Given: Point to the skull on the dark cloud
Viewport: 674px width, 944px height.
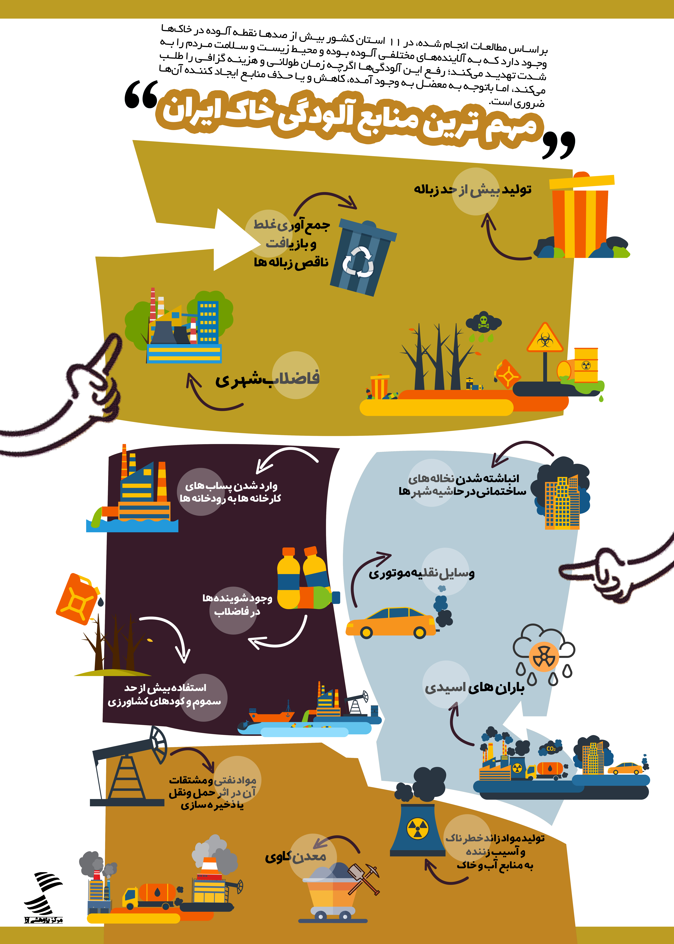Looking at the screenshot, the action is [x=483, y=321].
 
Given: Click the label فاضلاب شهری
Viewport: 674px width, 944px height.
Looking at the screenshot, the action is [x=267, y=379].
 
